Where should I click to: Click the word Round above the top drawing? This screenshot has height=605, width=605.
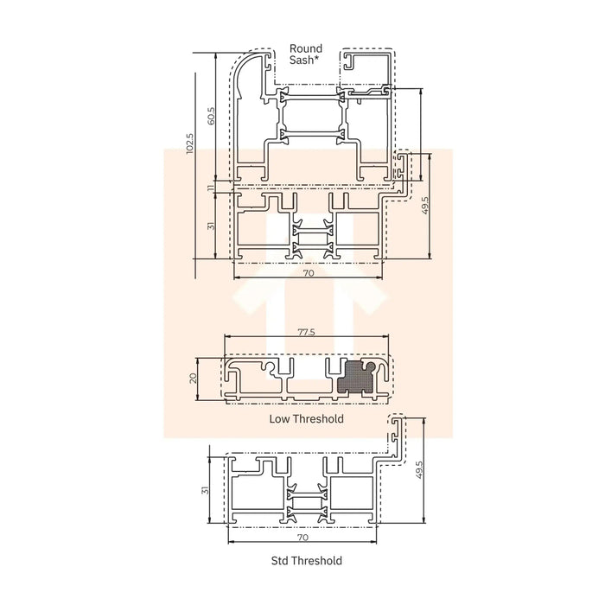306,49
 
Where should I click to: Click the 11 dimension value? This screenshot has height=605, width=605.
210,188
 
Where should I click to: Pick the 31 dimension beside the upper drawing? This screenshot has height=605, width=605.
210,226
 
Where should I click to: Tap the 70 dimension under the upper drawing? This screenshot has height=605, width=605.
309,273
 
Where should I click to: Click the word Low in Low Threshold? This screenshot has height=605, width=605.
279,419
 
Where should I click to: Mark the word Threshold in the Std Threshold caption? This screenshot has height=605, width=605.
318,561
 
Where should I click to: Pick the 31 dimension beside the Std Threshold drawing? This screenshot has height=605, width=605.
205,489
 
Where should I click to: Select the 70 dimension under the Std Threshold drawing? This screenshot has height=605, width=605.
302,537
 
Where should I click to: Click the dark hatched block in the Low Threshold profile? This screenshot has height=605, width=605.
355,378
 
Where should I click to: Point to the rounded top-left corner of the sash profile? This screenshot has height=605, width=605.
243,65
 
